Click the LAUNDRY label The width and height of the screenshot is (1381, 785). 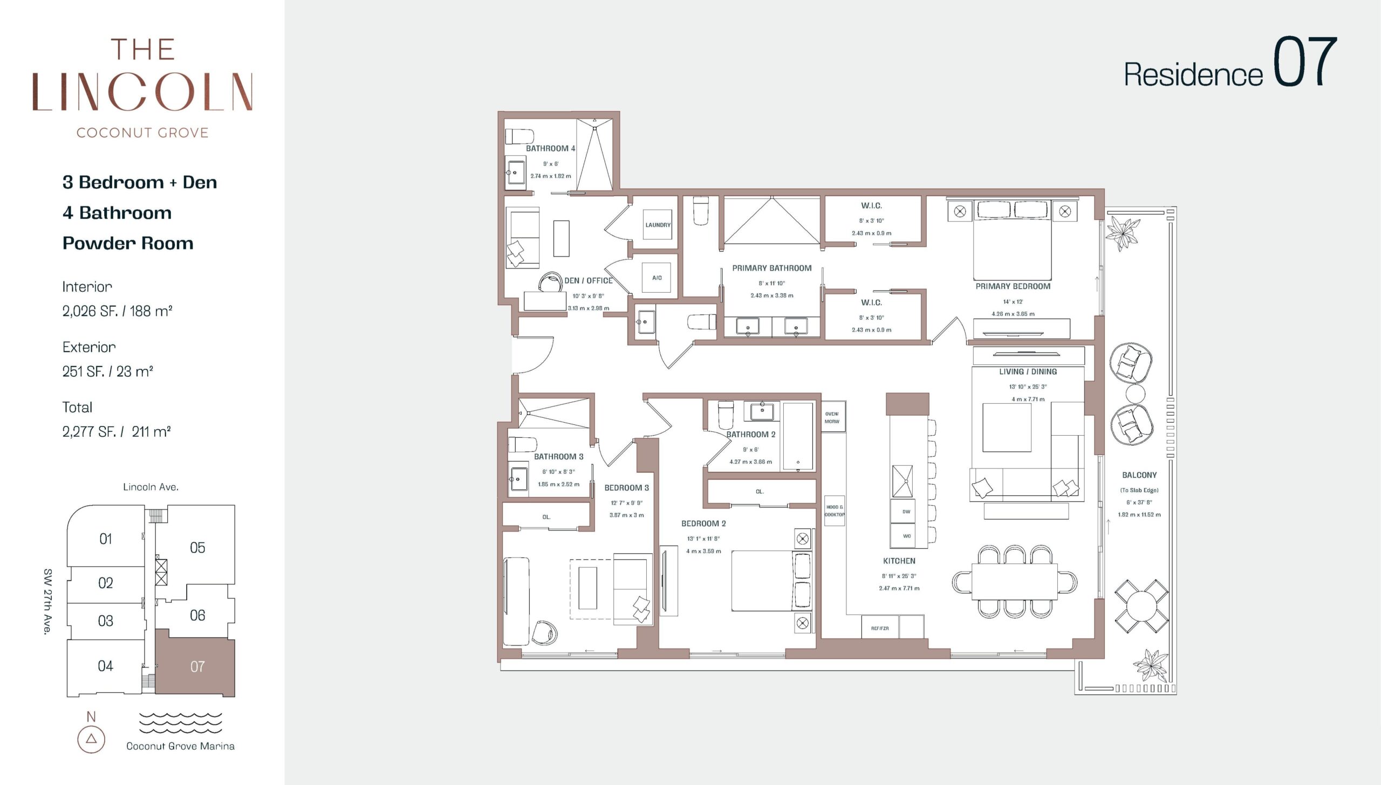[658, 225]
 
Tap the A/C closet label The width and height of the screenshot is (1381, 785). [657, 278]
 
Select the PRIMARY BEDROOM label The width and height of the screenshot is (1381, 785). [1013, 286]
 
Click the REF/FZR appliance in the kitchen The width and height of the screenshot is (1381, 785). [880, 628]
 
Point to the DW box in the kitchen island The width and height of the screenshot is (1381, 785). [906, 512]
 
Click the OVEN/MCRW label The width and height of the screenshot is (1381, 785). [832, 418]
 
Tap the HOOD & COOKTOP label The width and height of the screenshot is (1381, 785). [835, 511]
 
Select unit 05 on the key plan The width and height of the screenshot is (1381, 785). [197, 548]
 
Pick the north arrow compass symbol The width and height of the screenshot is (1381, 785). [91, 739]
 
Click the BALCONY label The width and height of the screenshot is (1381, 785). [1139, 475]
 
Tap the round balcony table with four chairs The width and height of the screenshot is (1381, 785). [1141, 606]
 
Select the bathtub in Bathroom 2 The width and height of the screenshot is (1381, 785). [798, 437]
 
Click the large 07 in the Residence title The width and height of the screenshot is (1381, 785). [1305, 61]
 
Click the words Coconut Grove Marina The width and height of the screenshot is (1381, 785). [180, 746]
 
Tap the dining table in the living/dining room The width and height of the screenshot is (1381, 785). [1014, 581]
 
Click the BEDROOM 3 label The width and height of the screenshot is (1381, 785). [626, 488]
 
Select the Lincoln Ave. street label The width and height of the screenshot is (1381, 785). [151, 487]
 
